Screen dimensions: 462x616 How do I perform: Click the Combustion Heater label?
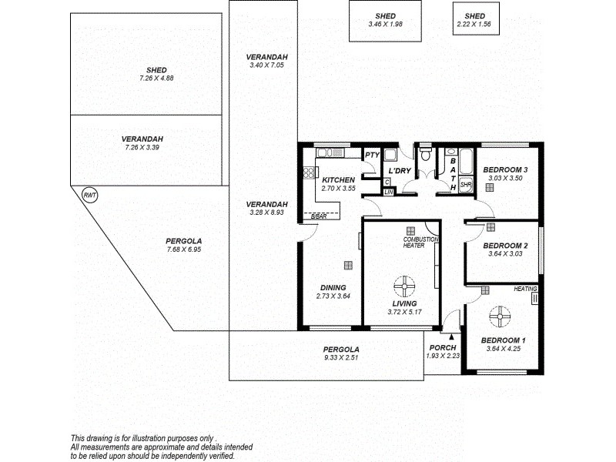point(420,243)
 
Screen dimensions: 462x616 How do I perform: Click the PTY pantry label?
point(372,156)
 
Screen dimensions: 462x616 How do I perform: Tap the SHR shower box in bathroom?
point(466,185)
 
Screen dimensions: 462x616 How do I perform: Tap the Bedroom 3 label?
point(505,170)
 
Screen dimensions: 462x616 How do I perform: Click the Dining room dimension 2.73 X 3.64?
point(333,296)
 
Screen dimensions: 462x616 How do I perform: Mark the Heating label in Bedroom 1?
point(525,289)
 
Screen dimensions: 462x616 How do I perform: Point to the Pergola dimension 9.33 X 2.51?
point(340,358)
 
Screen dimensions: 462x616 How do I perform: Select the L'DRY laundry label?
point(400,170)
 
